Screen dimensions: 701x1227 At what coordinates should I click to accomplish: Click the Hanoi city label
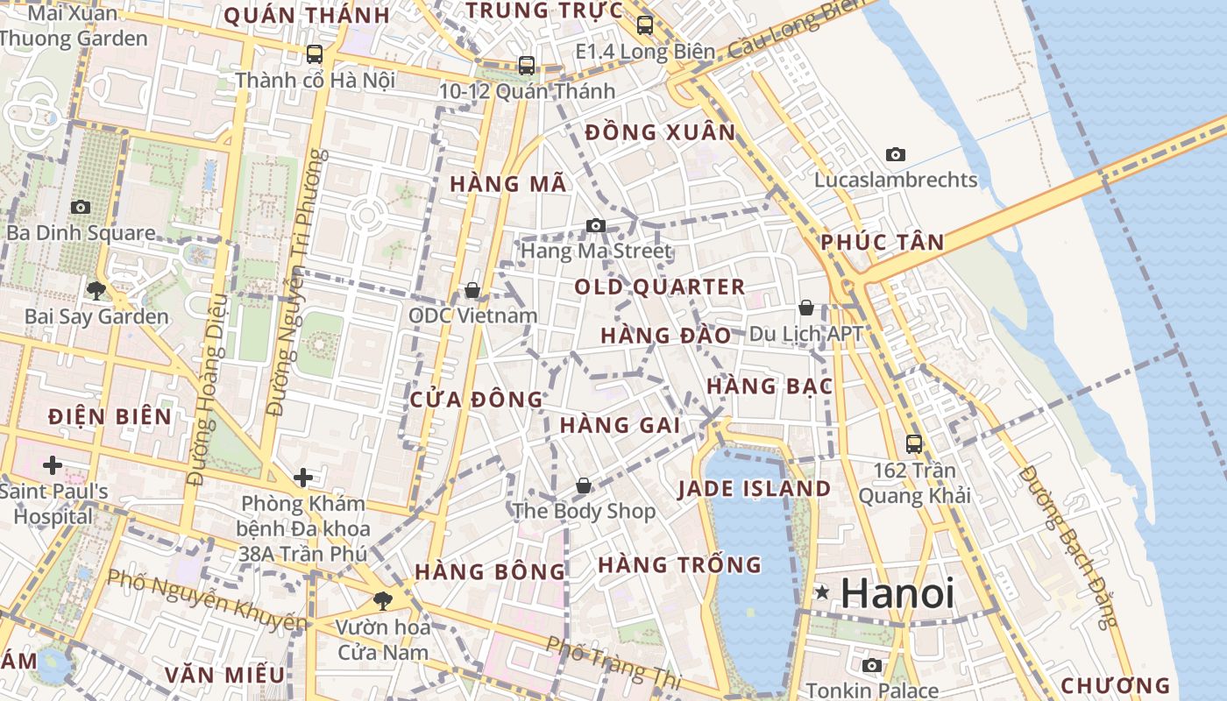[897, 593]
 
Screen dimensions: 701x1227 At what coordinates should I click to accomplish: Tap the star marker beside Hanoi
[821, 593]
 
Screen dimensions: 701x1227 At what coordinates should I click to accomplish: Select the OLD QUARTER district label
[659, 287]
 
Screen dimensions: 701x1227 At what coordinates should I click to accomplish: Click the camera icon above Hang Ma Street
[596, 225]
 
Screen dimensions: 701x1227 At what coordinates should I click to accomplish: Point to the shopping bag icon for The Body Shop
[584, 485]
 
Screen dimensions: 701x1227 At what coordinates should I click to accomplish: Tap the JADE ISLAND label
[754, 489]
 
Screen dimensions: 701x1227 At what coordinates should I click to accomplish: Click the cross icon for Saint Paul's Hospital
[53, 464]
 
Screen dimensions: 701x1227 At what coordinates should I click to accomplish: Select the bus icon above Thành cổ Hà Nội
[315, 54]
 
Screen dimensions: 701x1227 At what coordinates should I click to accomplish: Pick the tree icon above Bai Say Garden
[96, 290]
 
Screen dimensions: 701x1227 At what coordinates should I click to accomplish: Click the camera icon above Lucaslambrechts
[895, 154]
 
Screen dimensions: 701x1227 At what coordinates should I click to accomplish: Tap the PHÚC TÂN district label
[883, 243]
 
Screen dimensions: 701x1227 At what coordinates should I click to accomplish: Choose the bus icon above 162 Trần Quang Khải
[914, 444]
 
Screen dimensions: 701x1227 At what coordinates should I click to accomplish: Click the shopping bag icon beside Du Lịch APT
[806, 308]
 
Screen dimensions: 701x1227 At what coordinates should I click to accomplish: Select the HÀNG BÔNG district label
[490, 572]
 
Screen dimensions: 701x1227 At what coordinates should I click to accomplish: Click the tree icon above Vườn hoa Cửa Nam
[382, 600]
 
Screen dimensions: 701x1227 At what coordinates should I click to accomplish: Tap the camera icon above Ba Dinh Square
[81, 207]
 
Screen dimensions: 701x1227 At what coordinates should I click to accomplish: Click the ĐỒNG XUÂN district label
[660, 132]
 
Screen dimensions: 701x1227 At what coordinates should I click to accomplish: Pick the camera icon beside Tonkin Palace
[871, 665]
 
